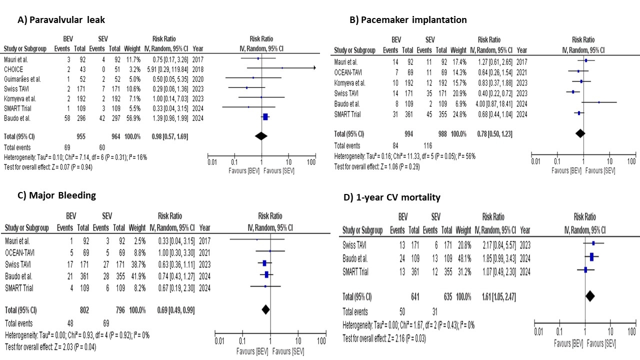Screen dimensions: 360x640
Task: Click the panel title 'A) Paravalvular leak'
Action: (x=61, y=20)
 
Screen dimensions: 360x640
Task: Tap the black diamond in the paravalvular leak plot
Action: (x=261, y=136)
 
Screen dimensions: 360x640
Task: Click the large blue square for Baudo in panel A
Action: (x=265, y=117)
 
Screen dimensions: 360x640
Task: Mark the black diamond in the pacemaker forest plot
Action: (x=580, y=133)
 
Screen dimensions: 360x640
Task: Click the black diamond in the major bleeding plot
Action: (x=265, y=310)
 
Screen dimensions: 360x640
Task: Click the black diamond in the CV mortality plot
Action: (x=590, y=296)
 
